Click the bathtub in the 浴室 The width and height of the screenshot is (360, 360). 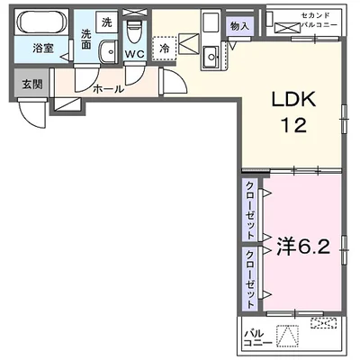coord(42,21)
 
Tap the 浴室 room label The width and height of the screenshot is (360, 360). coord(42,48)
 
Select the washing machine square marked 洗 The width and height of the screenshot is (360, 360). coord(106,22)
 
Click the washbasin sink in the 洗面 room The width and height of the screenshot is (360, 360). coord(108,52)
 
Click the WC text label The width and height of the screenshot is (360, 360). coord(134,54)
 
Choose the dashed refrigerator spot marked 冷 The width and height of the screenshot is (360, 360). coord(165,49)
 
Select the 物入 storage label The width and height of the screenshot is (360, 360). coord(239,26)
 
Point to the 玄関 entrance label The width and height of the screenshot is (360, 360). coord(32,85)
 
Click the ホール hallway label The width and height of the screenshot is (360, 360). coord(108,89)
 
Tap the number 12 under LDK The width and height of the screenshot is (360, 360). coord(293,125)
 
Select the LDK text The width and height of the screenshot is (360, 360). coord(293,100)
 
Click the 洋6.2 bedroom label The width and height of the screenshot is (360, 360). coord(303,247)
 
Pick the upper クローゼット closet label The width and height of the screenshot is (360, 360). coord(250,211)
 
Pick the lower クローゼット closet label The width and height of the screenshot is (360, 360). coord(250,279)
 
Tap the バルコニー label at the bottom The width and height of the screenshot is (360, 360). coord(257,338)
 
